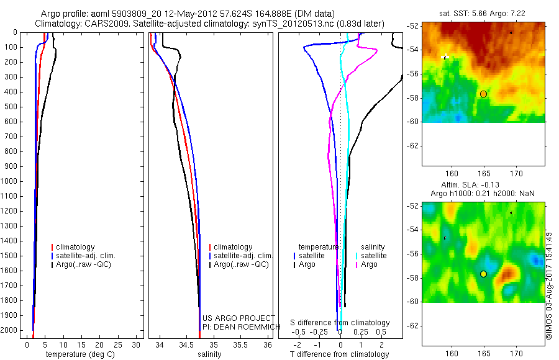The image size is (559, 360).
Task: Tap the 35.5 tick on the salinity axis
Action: coord(241,344)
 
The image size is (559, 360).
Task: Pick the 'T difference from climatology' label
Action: coord(339,354)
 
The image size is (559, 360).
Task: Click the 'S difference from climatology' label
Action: coord(340,323)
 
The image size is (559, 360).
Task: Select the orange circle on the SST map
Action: coord(483,94)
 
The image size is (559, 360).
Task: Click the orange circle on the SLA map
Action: coord(483,274)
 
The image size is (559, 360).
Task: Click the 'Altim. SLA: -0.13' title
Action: coord(483,186)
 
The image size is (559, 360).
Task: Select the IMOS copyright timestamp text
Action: coord(549,286)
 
